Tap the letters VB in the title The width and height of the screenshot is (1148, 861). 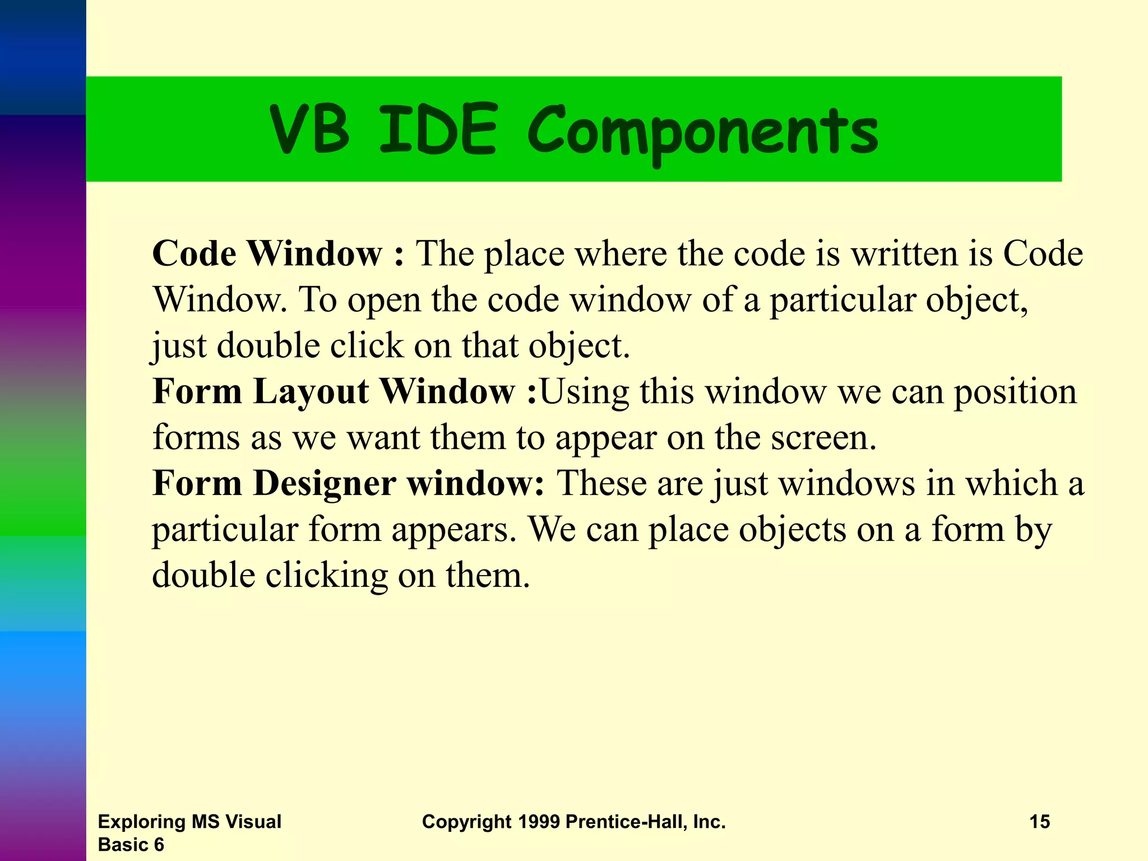click(309, 130)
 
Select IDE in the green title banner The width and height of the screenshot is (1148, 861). click(438, 130)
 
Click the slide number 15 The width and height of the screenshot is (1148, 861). click(1039, 822)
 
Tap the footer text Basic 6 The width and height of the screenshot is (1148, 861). click(131, 845)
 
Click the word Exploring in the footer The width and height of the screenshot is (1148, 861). click(142, 822)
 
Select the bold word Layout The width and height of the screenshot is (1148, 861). click(311, 392)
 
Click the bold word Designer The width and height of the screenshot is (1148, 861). click(325, 483)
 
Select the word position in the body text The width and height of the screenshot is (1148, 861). click(1015, 392)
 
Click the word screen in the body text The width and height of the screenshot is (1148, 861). click(822, 438)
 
